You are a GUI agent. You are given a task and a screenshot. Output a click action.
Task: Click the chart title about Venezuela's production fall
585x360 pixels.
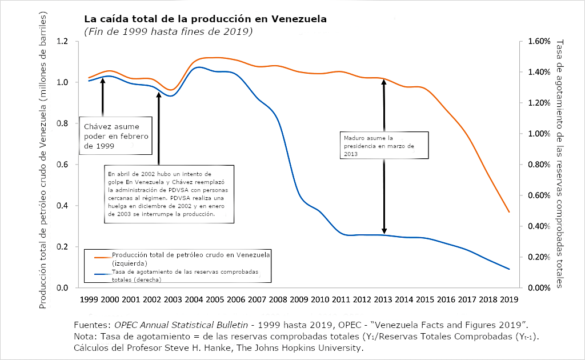tap(205, 19)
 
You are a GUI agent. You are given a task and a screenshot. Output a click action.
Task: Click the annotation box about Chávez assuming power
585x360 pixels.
tap(116, 136)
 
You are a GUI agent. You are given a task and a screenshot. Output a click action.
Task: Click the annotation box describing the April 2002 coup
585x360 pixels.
tap(170, 194)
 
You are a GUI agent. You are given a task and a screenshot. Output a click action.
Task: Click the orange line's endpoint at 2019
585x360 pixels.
tap(509, 213)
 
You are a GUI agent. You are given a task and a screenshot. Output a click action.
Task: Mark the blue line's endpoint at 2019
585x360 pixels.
tap(509, 269)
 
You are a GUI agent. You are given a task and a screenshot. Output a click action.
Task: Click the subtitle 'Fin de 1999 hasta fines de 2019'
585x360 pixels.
tap(168, 31)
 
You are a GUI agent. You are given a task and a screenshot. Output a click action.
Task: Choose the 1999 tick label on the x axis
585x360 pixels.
tap(89, 299)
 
